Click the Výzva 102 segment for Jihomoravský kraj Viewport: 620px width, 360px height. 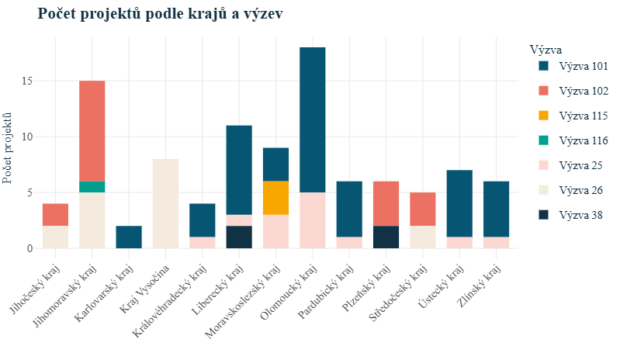pyautogui.click(x=92, y=130)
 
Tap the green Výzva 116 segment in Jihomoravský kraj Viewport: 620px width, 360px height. pyautogui.click(x=92, y=187)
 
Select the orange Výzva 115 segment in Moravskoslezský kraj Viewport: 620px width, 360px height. pyautogui.click(x=275, y=198)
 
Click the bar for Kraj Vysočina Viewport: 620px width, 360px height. pyautogui.click(x=165, y=203)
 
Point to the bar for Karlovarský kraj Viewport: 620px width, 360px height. pyautogui.click(x=129, y=237)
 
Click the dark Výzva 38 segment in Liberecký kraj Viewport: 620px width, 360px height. pyautogui.click(x=239, y=237)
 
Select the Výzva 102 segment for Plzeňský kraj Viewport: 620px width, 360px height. pyautogui.click(x=386, y=203)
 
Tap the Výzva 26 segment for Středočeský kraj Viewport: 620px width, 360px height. pyautogui.click(x=422, y=237)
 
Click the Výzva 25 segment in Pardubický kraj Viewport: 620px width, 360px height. pyautogui.click(x=349, y=243)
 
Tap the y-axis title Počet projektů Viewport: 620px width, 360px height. pyautogui.click(x=9, y=147)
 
